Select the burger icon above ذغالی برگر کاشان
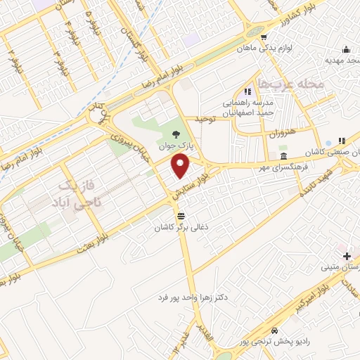click(x=181, y=215)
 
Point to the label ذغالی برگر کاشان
click(x=181, y=228)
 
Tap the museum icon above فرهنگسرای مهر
click(x=283, y=156)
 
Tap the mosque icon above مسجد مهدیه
click(x=345, y=50)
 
